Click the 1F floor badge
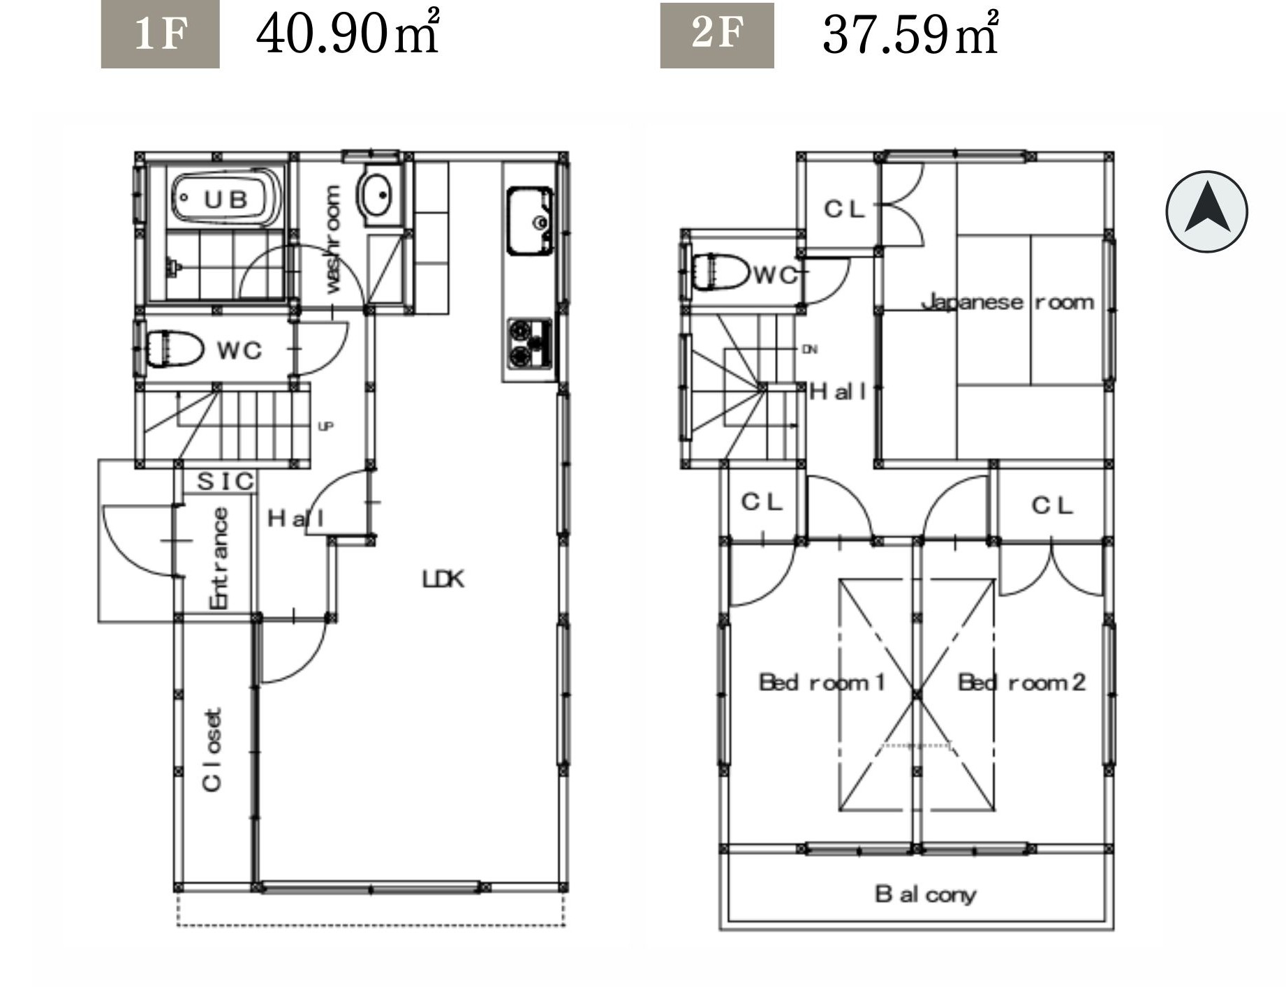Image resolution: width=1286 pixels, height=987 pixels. point(160,34)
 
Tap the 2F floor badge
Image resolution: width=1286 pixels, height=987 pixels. point(717,35)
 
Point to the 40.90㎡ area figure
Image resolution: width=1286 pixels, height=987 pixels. point(348,33)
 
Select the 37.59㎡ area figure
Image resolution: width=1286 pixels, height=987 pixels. point(910,33)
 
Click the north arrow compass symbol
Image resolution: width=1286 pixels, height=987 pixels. point(1206,211)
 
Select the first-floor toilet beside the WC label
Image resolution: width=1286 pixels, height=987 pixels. point(174,348)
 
